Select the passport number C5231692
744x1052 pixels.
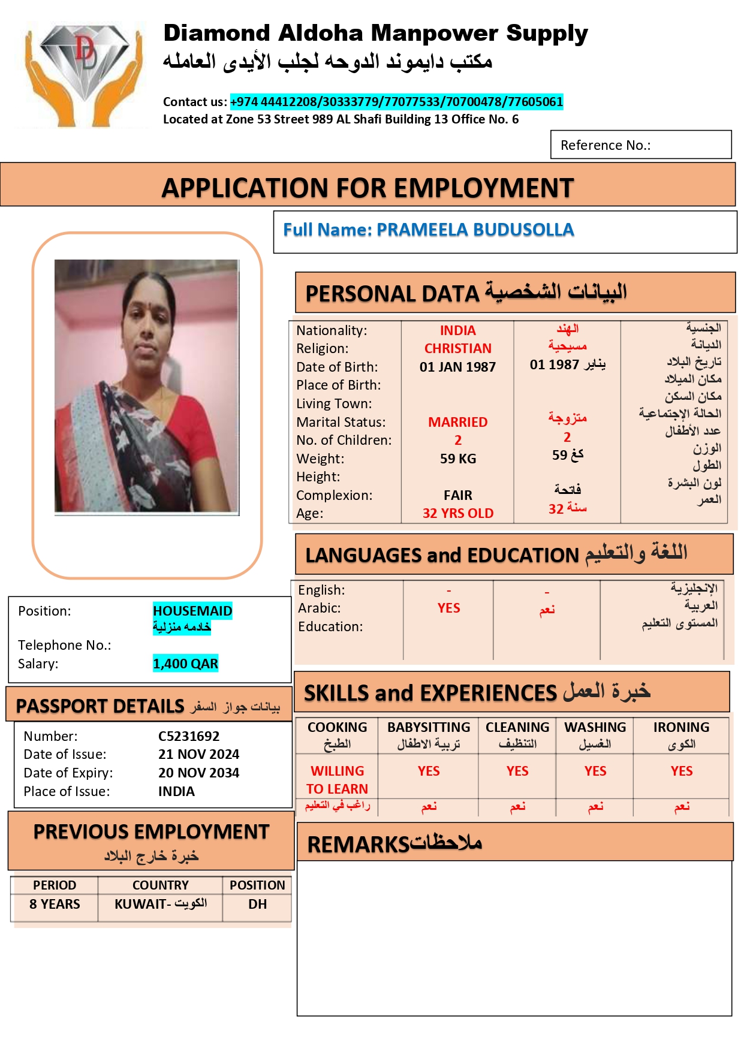(189, 736)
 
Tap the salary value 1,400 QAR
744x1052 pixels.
(185, 664)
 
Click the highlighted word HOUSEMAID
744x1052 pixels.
(192, 611)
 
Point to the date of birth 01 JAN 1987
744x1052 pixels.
(457, 367)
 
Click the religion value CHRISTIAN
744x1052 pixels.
(457, 348)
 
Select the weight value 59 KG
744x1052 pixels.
(457, 459)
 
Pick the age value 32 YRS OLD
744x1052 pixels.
(457, 513)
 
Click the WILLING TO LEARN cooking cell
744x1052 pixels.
(337, 779)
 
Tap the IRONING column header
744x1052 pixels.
(681, 728)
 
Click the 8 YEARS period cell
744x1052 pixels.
(55, 904)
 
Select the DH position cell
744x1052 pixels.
(257, 904)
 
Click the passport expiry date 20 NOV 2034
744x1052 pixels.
(198, 773)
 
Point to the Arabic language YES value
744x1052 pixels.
(448, 608)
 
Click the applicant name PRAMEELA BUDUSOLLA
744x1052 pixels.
(475, 230)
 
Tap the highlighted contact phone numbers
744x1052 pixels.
(396, 102)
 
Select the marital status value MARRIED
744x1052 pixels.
(457, 422)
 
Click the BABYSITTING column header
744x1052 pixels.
(429, 728)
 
